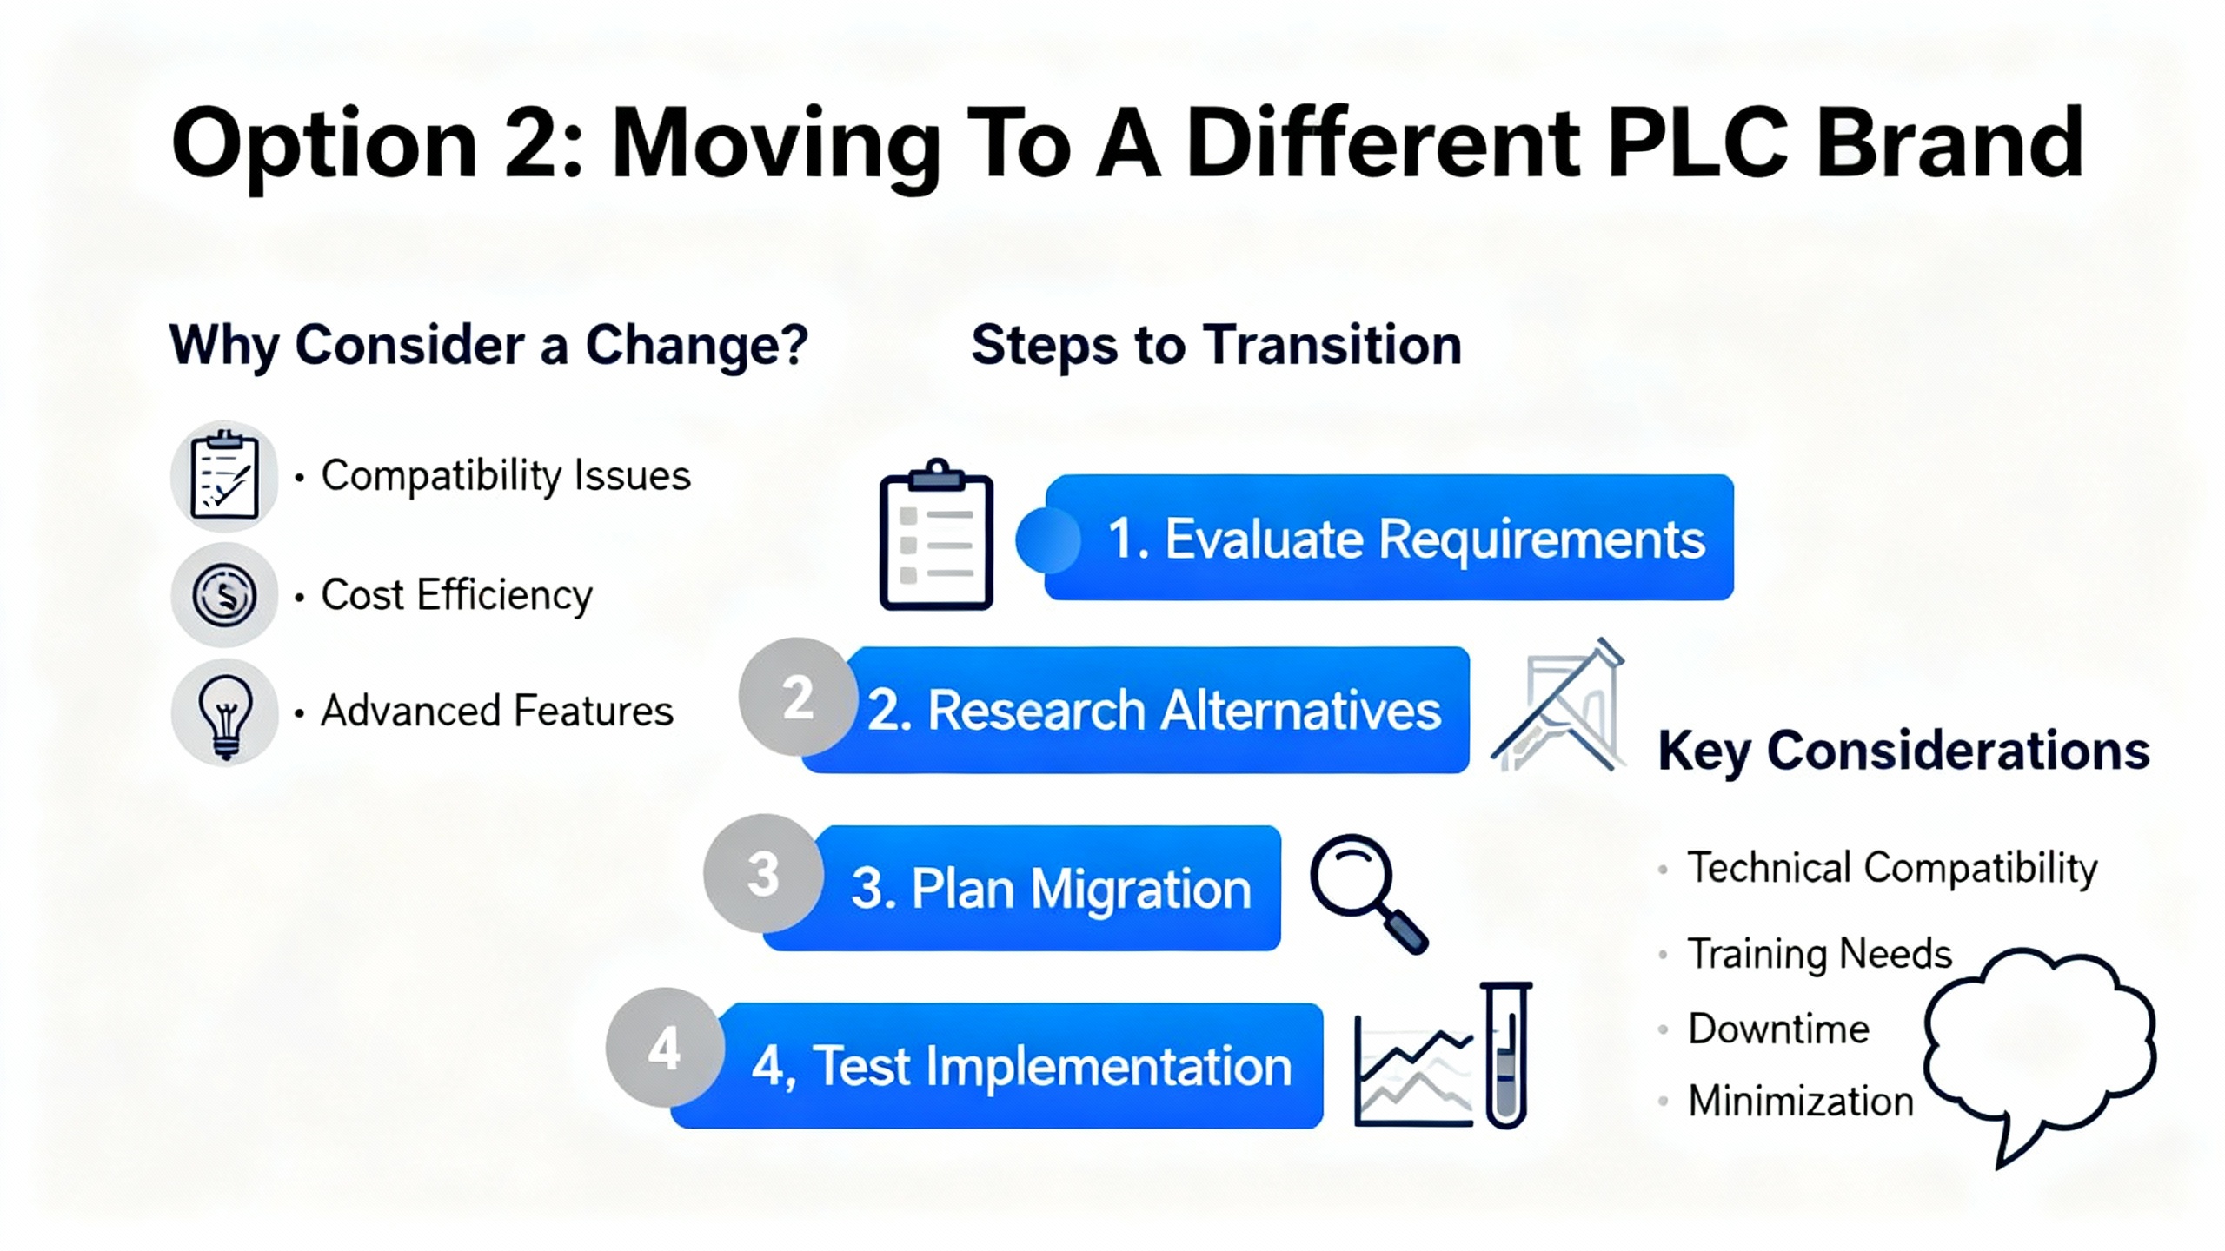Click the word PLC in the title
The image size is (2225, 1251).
click(1697, 142)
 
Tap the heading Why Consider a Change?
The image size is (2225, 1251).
click(489, 345)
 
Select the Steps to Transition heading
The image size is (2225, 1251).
click(1216, 345)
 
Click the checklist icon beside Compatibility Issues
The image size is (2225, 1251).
click(224, 475)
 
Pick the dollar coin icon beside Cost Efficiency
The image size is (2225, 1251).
click(224, 595)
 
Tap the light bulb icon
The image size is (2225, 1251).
click(225, 713)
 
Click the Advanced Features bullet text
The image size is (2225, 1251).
click(497, 711)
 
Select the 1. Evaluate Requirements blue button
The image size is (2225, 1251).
click(1389, 537)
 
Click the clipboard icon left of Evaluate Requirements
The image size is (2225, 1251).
click(936, 534)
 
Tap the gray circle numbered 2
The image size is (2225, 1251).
click(797, 697)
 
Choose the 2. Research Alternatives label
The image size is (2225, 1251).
click(1154, 710)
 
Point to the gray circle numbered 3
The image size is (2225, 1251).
click(762, 873)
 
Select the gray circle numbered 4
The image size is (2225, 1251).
click(665, 1048)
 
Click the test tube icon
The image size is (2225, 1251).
click(1506, 1055)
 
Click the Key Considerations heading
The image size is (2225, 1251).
click(1903, 751)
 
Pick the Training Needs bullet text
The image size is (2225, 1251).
click(1819, 954)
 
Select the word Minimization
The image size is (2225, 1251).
click(1801, 1101)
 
